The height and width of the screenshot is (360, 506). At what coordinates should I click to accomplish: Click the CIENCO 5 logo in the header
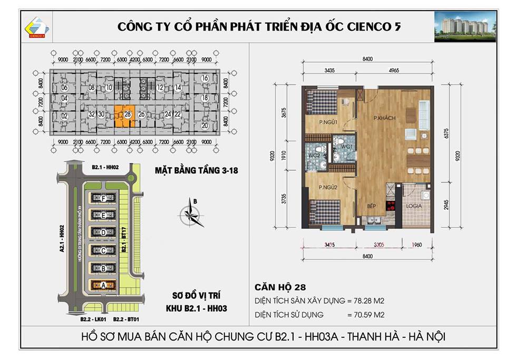37,27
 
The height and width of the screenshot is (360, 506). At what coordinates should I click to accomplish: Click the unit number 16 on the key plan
205,79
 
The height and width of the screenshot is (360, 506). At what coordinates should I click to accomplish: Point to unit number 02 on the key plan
65,116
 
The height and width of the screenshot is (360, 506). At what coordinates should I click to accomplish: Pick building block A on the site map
103,285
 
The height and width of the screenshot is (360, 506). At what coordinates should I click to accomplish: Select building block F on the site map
103,198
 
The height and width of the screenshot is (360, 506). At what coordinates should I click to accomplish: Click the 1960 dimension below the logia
417,244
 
